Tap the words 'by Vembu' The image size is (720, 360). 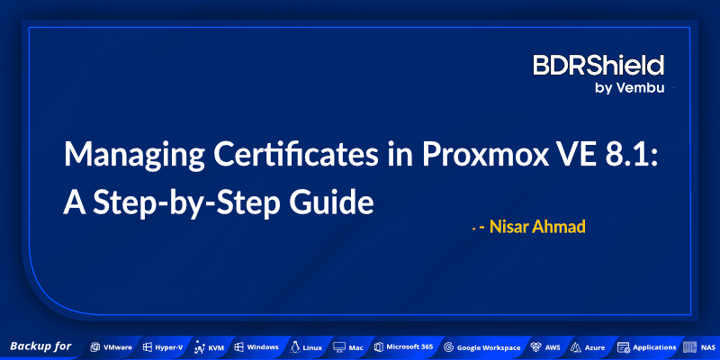point(629,87)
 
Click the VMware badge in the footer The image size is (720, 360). point(112,346)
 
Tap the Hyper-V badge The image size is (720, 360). point(163,346)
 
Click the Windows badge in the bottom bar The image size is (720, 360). point(256,346)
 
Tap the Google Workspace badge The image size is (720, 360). point(481,346)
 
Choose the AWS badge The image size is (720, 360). point(545,346)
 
